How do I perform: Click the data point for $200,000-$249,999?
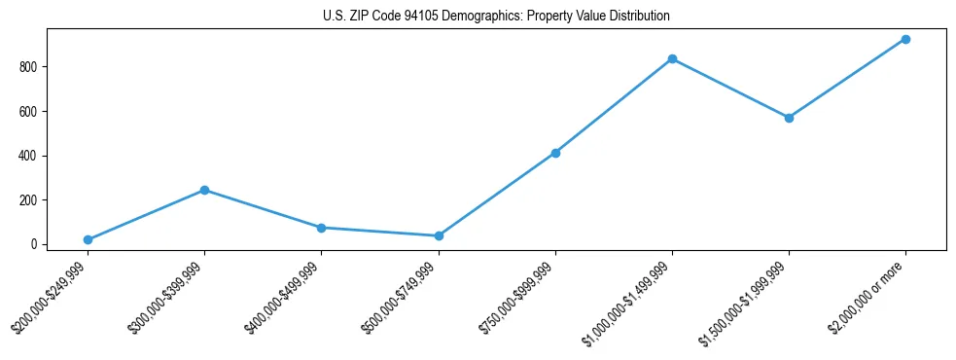pyautogui.click(x=88, y=239)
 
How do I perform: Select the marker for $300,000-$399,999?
pyautogui.click(x=204, y=190)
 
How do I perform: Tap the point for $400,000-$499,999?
pyautogui.click(x=321, y=228)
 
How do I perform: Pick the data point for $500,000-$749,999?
pyautogui.click(x=439, y=235)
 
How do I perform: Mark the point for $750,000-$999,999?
pyautogui.click(x=555, y=153)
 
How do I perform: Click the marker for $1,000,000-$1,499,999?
pyautogui.click(x=672, y=58)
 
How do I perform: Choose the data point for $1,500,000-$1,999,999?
pyautogui.click(x=789, y=118)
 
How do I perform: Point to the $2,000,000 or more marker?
pyautogui.click(x=905, y=39)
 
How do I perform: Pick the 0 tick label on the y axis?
pyautogui.click(x=33, y=244)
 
